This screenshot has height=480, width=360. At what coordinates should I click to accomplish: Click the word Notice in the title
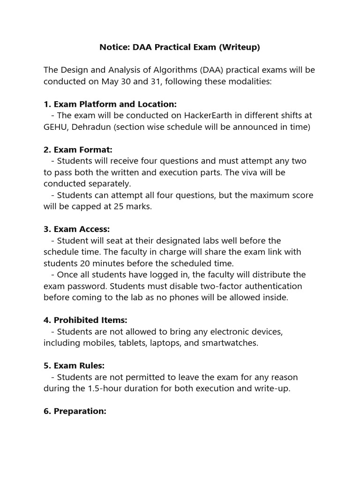click(x=112, y=47)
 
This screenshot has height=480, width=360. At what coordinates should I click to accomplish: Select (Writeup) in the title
click(x=239, y=47)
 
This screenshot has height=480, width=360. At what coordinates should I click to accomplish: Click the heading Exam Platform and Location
click(x=115, y=104)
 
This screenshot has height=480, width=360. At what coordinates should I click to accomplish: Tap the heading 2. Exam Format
click(x=78, y=150)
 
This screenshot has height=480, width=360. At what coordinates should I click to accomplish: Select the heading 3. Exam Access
click(x=77, y=229)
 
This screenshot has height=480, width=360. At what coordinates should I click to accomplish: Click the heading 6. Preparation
click(x=75, y=411)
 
